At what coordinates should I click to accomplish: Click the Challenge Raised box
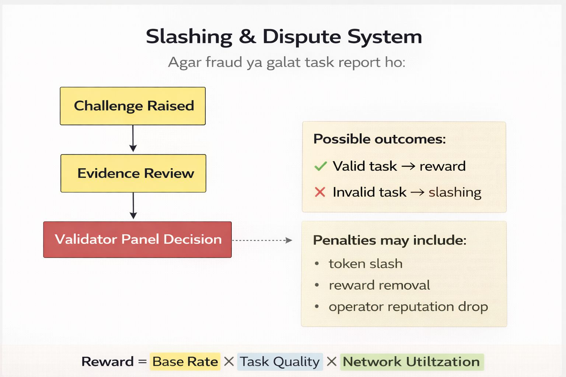pyautogui.click(x=133, y=106)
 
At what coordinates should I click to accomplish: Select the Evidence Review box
pyautogui.click(x=133, y=173)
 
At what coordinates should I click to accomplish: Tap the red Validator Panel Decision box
pyautogui.click(x=137, y=240)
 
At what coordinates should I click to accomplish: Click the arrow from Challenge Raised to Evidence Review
pyautogui.click(x=133, y=138)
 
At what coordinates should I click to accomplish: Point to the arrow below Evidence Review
pyautogui.click(x=133, y=206)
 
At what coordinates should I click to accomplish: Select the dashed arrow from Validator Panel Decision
pyautogui.click(x=262, y=240)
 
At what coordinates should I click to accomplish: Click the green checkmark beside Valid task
pyautogui.click(x=320, y=166)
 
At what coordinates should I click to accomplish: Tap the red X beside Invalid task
pyautogui.click(x=320, y=192)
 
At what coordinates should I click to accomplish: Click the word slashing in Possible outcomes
pyautogui.click(x=455, y=193)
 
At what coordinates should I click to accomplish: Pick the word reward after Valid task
pyautogui.click(x=443, y=166)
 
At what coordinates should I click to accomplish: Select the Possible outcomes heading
pyautogui.click(x=380, y=139)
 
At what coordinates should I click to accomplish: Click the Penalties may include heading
pyautogui.click(x=389, y=240)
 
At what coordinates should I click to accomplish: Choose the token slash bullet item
pyautogui.click(x=366, y=264)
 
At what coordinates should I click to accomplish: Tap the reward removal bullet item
pyautogui.click(x=379, y=285)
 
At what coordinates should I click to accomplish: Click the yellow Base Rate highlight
pyautogui.click(x=185, y=362)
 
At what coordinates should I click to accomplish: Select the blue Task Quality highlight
pyautogui.click(x=280, y=362)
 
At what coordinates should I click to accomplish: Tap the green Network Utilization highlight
pyautogui.click(x=412, y=362)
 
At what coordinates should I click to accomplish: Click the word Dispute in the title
pyautogui.click(x=302, y=37)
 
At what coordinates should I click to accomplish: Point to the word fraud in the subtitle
pyautogui.click(x=224, y=62)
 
